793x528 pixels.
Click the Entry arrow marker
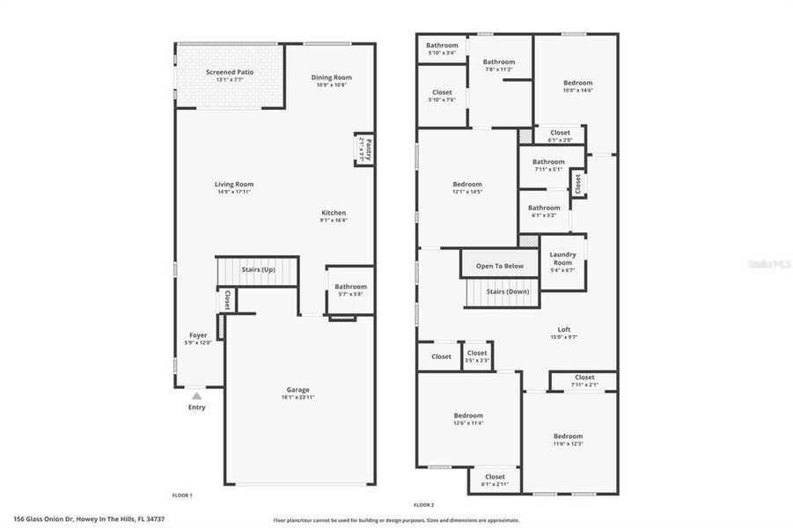(x=196, y=397)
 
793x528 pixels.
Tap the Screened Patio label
(x=229, y=71)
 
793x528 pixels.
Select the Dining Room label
(x=331, y=77)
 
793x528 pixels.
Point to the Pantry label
(x=369, y=146)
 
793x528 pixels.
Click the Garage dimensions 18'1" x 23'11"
(x=297, y=398)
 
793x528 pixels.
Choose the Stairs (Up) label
(x=258, y=269)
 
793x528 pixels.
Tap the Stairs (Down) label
(x=505, y=291)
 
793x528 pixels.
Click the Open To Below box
(x=500, y=266)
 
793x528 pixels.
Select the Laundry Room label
(x=562, y=259)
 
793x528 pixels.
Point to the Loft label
(x=564, y=330)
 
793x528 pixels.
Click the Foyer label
(x=198, y=335)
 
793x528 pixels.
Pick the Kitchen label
(x=334, y=213)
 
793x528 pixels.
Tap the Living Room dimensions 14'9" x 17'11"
(x=234, y=192)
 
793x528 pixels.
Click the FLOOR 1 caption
(x=181, y=495)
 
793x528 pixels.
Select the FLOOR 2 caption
(x=424, y=504)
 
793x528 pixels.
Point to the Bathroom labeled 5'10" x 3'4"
(x=442, y=46)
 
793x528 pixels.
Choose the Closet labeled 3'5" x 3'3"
(x=477, y=354)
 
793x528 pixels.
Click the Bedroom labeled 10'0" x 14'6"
(x=578, y=83)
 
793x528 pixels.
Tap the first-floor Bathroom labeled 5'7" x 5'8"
(x=350, y=287)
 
